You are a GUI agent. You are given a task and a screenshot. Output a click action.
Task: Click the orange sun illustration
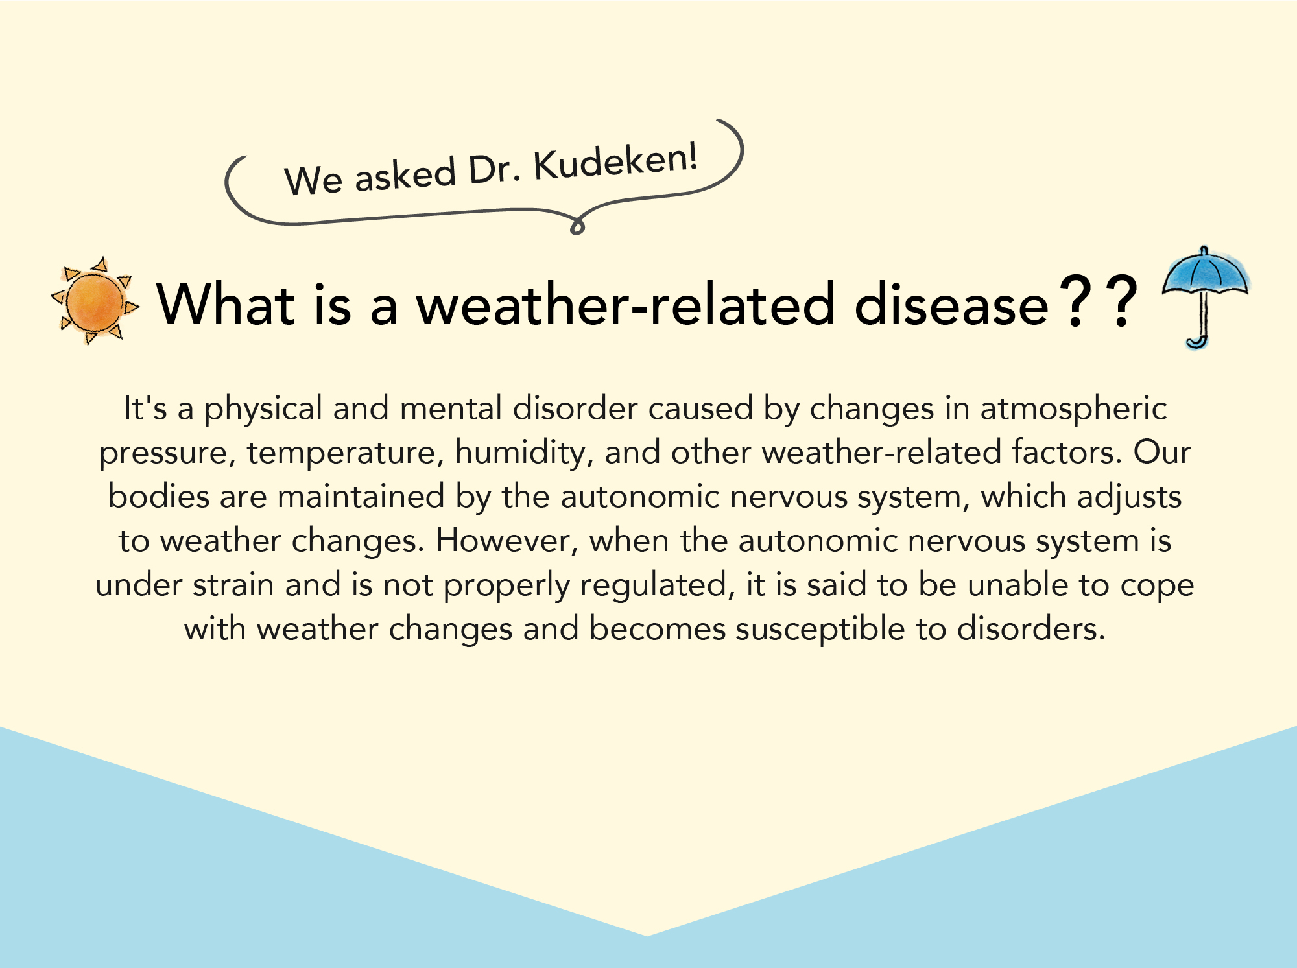[x=95, y=301]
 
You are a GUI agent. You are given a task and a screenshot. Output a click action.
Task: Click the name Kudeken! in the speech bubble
[x=615, y=162]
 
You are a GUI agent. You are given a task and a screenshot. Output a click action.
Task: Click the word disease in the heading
[x=951, y=304]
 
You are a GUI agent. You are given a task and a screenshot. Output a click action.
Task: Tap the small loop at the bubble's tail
[x=577, y=226]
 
